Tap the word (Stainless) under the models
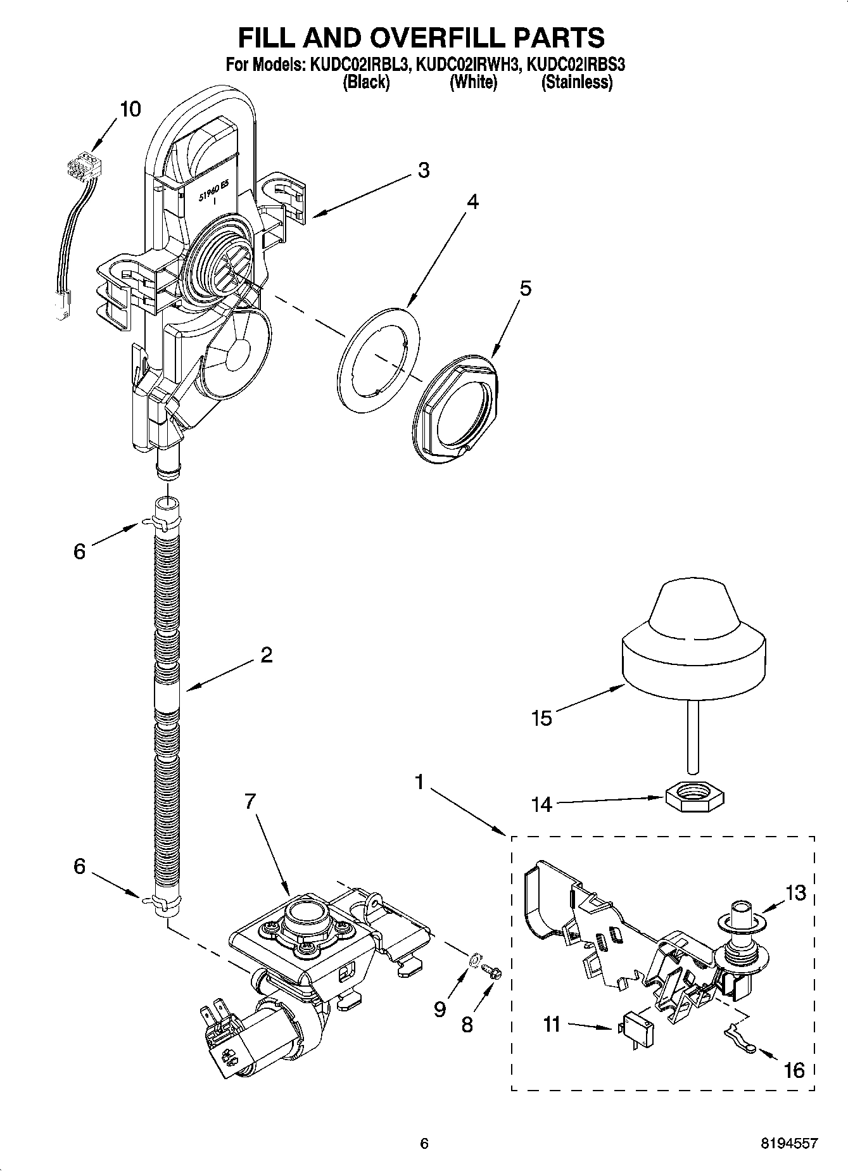(x=576, y=82)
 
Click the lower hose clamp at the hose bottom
(x=158, y=901)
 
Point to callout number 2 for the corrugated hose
(x=266, y=654)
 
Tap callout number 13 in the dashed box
(x=795, y=893)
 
